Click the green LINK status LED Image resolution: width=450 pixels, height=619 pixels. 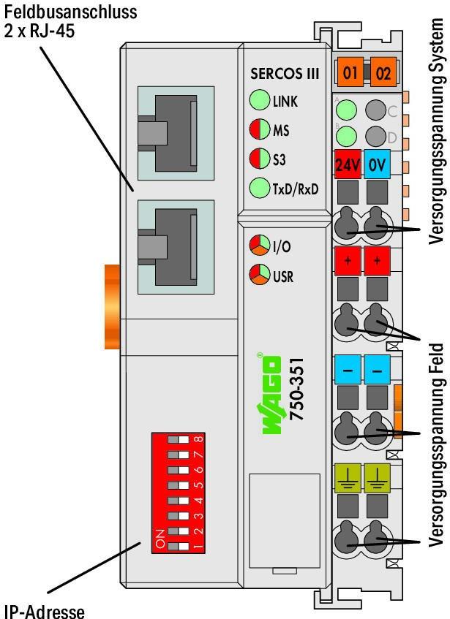259,101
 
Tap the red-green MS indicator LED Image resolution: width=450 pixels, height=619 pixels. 259,130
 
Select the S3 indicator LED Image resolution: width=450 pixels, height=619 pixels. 259,159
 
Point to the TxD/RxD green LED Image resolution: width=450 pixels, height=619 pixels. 259,188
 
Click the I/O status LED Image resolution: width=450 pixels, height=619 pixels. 258,246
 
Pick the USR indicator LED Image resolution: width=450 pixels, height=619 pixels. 258,276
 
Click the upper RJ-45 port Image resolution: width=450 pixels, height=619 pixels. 175,131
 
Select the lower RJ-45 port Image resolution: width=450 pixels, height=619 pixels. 175,242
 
